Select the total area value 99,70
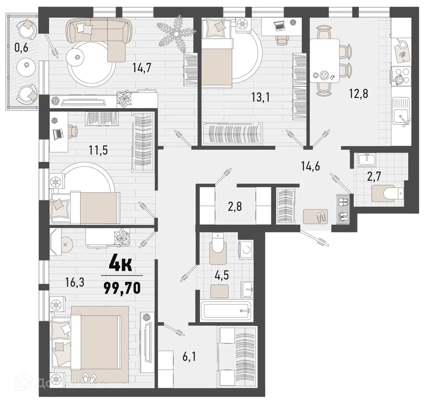(x=122, y=287)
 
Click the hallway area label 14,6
(x=310, y=166)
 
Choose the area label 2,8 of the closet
(x=235, y=206)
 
